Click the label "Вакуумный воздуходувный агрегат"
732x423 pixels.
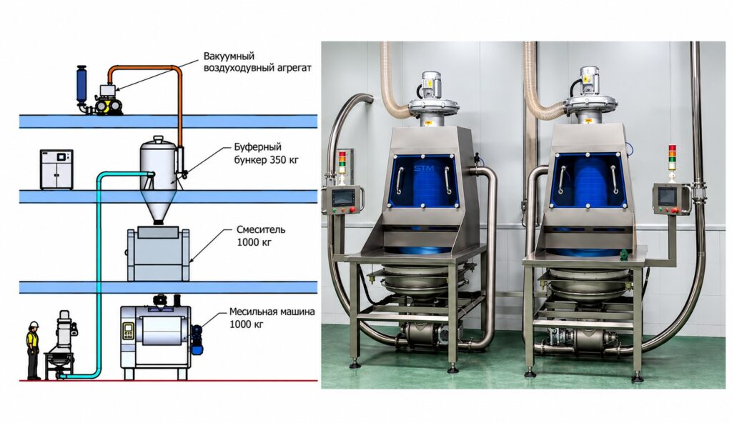257,61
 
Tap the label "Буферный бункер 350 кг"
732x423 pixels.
266,154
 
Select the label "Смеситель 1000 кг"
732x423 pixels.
260,236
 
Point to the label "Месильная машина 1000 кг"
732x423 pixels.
272,317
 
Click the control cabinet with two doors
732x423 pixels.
56,169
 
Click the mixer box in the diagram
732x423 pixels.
158,254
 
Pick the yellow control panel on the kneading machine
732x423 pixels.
128,331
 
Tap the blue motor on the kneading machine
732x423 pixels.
197,338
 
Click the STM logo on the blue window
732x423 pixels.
423,168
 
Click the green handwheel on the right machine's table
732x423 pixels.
623,254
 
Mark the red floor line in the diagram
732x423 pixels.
169,381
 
